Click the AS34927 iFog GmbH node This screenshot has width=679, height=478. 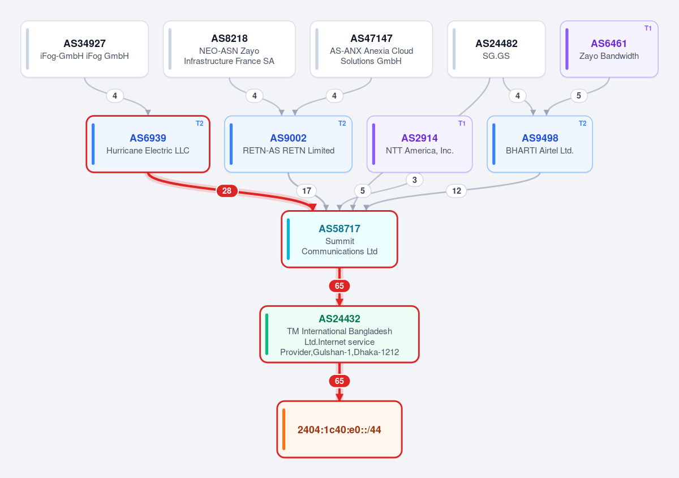[84, 49]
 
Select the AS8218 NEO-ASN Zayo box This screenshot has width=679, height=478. [229, 49]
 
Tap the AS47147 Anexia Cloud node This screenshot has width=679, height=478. [371, 49]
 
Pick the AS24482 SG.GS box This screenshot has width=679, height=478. [496, 49]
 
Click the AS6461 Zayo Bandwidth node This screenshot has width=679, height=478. [609, 49]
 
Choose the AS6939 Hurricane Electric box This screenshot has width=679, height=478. [148, 144]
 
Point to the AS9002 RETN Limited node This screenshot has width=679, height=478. [288, 144]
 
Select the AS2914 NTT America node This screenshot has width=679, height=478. [419, 144]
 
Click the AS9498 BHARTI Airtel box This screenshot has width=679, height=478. [540, 144]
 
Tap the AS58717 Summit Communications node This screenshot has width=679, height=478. [339, 239]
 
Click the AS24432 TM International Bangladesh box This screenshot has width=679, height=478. [339, 334]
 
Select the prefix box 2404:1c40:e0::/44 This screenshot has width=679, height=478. [339, 429]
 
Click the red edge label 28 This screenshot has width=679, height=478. [227, 191]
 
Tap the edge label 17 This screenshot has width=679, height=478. [307, 191]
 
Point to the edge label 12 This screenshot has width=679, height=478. [457, 191]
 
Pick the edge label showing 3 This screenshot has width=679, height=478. [415, 180]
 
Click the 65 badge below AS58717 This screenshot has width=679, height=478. [339, 286]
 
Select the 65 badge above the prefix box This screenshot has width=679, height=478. [339, 381]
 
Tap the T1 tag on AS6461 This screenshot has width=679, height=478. [648, 28]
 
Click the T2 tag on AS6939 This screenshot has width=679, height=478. [199, 123]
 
